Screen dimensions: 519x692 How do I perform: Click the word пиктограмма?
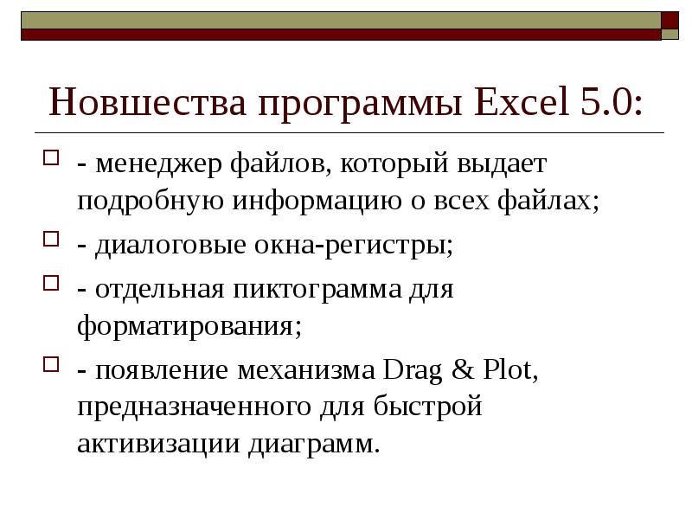[x=320, y=288]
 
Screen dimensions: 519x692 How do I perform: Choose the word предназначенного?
[x=194, y=407]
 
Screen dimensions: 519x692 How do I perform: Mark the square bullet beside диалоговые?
[x=51, y=240]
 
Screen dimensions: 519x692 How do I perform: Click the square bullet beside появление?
[x=51, y=365]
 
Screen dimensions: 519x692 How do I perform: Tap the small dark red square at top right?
[x=670, y=21]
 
